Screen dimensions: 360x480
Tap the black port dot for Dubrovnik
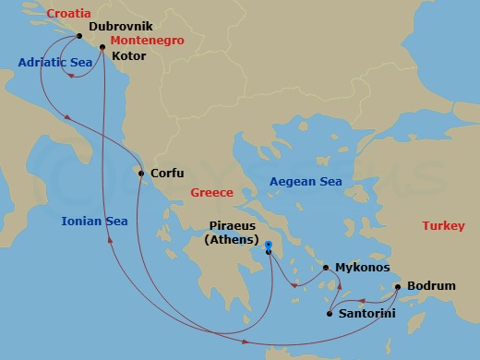[x=80, y=37]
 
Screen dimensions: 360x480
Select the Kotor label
[x=128, y=56]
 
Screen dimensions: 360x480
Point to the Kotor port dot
[x=102, y=46]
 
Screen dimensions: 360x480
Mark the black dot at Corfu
[x=140, y=173]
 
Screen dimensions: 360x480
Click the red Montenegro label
[x=146, y=42]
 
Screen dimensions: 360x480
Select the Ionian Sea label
[x=94, y=221]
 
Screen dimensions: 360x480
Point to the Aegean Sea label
[x=306, y=182]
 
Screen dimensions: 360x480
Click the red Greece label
[x=211, y=193]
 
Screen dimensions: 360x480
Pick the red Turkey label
[x=445, y=226]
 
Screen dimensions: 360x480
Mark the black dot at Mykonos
[x=326, y=268]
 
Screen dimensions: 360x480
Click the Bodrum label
[x=431, y=286]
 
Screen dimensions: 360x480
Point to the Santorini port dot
[x=330, y=315]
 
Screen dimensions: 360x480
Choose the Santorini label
[x=367, y=316]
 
